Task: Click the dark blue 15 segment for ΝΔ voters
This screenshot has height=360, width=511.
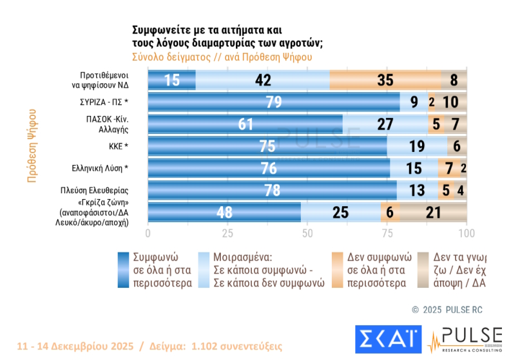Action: pyautogui.click(x=171, y=80)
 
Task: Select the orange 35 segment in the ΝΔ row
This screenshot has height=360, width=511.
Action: pyautogui.click(x=385, y=80)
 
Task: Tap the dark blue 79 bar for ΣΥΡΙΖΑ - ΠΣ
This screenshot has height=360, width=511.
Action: pyautogui.click(x=274, y=102)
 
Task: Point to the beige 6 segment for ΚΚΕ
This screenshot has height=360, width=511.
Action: pyautogui.click(x=456, y=146)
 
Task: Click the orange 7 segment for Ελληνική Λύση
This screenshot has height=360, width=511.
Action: pyautogui.click(x=448, y=169)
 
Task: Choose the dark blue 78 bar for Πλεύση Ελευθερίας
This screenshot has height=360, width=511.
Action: pyautogui.click(x=273, y=191)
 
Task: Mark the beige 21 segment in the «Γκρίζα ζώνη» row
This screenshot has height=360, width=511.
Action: pyautogui.click(x=433, y=213)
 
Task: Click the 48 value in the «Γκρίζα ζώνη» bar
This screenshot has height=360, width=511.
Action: pyautogui.click(x=224, y=213)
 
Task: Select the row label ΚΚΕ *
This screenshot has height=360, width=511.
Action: pyautogui.click(x=119, y=146)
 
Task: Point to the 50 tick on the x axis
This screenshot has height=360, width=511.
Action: pyautogui.click(x=307, y=233)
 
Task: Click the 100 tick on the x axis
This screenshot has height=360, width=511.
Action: pyautogui.click(x=466, y=233)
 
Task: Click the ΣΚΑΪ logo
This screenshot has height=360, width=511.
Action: pyautogui.click(x=388, y=337)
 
